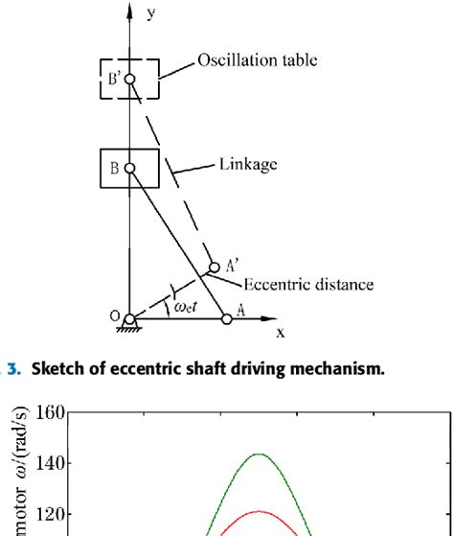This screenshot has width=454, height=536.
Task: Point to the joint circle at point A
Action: coord(227,318)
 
